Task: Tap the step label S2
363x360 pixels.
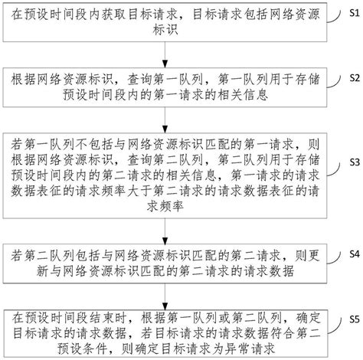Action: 353,77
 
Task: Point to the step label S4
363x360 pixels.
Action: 353,253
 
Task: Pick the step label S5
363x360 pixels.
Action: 353,317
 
